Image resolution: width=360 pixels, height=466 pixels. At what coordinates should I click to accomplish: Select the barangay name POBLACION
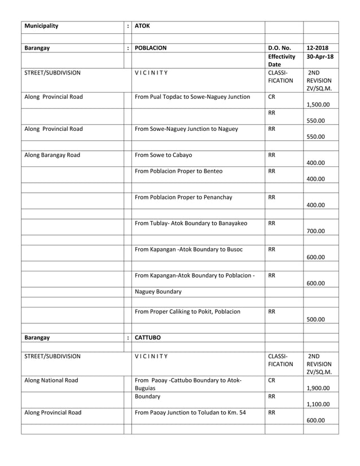coord(151,49)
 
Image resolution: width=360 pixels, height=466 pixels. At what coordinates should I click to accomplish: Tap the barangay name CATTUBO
coord(148,338)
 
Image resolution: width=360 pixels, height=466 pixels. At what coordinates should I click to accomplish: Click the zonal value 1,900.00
coord(318,388)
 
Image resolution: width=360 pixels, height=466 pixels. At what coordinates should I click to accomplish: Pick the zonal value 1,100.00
coord(318,404)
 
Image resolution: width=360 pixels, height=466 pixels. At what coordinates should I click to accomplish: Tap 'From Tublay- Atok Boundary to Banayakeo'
coord(191,223)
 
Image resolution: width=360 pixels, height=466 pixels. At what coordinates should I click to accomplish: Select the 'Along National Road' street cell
coord(51,380)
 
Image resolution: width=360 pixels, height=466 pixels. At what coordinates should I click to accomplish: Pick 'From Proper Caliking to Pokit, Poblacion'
coord(187,311)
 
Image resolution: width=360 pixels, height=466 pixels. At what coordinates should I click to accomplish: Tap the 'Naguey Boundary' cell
coord(158,292)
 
